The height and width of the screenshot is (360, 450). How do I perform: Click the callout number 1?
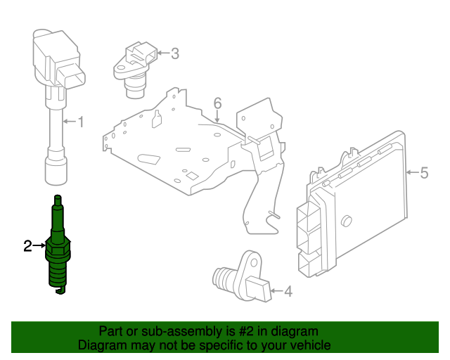pyautogui.click(x=80, y=122)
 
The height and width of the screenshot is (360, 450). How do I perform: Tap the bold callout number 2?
pyautogui.click(x=28, y=245)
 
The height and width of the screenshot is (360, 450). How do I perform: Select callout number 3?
pyautogui.click(x=175, y=53)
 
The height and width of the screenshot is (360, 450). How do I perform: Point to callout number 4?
pyautogui.click(x=288, y=290)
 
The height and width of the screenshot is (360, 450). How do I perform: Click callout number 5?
pyautogui.click(x=424, y=172)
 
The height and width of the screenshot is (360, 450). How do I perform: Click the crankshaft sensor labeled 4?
pyautogui.click(x=243, y=278)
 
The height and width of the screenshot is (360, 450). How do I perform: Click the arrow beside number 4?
pyautogui.click(x=276, y=290)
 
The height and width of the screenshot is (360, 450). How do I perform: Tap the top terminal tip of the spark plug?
pyautogui.click(x=58, y=199)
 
